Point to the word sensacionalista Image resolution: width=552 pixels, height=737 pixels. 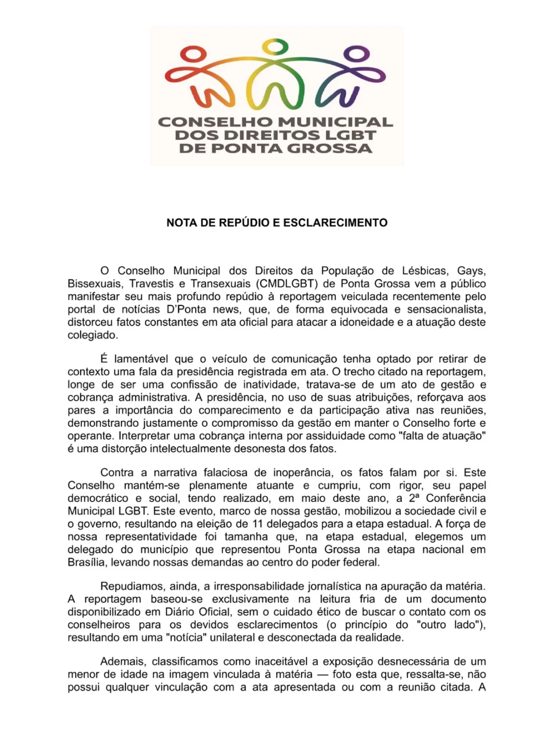447,309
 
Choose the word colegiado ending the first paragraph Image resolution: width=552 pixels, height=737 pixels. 92,335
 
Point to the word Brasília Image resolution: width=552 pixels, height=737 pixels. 86,562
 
